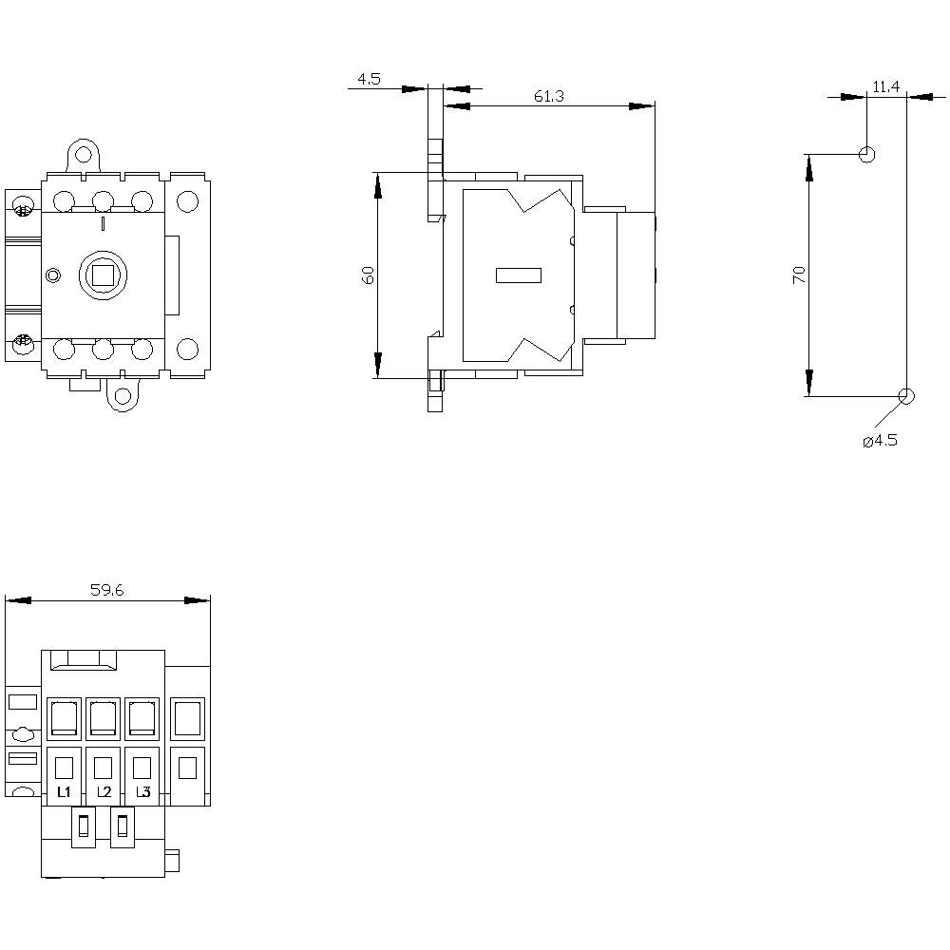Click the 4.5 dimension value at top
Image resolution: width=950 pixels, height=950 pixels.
(x=369, y=80)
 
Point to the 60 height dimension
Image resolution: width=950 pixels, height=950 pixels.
(x=369, y=275)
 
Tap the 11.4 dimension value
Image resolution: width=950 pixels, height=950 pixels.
(x=885, y=86)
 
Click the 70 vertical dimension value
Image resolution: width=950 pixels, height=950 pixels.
(x=799, y=275)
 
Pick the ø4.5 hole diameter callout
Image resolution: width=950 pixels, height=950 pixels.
(x=880, y=441)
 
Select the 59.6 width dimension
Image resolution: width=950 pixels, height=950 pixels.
(x=107, y=590)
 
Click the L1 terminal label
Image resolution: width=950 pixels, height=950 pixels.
(x=64, y=791)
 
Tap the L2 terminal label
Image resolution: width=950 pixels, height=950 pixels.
(x=104, y=791)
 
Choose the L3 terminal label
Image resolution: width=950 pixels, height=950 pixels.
(x=142, y=791)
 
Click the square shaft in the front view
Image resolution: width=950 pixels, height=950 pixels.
(x=102, y=275)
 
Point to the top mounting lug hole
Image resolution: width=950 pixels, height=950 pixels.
(x=85, y=154)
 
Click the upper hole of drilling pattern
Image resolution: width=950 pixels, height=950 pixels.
(x=866, y=154)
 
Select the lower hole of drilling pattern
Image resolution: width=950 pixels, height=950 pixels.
(x=905, y=396)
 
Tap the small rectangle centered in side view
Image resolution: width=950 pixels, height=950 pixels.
(x=519, y=275)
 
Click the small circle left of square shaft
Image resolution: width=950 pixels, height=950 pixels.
(x=53, y=275)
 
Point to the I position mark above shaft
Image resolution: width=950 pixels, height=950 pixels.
(x=103, y=224)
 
